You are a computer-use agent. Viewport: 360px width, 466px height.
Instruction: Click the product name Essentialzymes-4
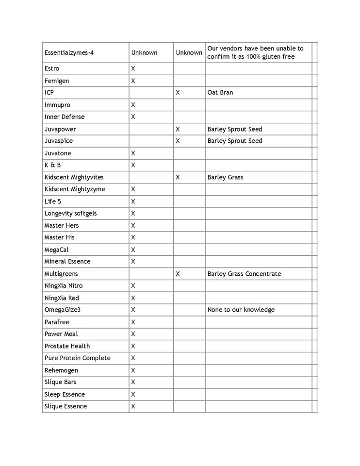(68, 52)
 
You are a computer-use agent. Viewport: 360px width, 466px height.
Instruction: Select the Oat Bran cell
(220, 93)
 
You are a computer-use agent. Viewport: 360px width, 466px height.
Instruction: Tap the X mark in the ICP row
(178, 93)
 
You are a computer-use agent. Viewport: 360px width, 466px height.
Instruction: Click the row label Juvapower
(60, 129)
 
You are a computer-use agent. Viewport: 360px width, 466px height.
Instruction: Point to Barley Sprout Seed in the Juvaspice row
(234, 141)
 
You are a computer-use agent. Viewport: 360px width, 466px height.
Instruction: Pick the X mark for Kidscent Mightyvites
(178, 177)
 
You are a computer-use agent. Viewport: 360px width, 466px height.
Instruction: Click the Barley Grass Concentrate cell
(244, 274)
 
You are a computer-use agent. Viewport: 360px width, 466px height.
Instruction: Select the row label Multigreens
(61, 274)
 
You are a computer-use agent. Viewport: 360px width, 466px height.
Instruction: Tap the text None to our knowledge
(241, 310)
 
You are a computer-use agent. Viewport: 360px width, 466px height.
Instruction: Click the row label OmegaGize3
(62, 310)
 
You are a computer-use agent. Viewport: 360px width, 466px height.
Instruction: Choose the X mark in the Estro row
(133, 68)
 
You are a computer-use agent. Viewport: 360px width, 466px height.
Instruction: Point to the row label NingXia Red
(61, 298)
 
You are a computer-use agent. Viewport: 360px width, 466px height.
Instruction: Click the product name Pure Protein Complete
(77, 358)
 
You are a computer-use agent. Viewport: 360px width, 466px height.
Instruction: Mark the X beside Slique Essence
(133, 406)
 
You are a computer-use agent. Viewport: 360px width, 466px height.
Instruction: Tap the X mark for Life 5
(133, 201)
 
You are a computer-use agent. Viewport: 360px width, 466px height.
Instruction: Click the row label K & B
(52, 165)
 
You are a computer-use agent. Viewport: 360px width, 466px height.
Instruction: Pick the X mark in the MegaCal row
(133, 250)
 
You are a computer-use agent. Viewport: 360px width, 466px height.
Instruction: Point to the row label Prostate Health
(67, 346)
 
